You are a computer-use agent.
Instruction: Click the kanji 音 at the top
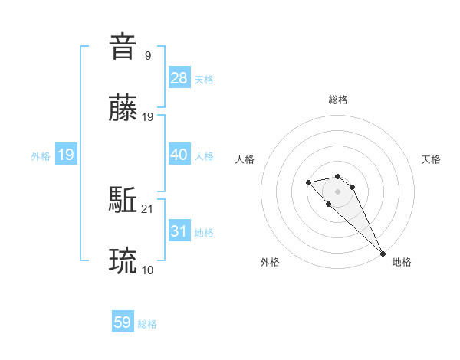(123, 47)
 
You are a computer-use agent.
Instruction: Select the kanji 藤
(123, 110)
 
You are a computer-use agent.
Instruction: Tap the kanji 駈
(123, 201)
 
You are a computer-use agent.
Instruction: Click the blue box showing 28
(179, 78)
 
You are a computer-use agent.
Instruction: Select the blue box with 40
(179, 155)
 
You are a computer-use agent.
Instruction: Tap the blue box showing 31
(179, 231)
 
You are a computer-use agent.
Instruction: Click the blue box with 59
(123, 322)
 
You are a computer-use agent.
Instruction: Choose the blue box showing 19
(66, 155)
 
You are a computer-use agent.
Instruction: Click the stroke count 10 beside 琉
(148, 270)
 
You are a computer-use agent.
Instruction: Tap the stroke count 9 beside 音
(148, 55)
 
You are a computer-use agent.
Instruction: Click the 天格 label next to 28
(204, 80)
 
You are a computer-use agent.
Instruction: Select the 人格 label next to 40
(204, 156)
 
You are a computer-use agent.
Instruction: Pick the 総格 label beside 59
(147, 324)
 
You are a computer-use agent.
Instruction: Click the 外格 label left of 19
(41, 156)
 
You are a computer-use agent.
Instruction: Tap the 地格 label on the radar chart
(402, 262)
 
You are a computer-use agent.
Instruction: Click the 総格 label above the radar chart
(338, 100)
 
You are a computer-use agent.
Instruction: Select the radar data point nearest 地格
(383, 254)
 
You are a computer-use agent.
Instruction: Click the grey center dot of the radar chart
(337, 191)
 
